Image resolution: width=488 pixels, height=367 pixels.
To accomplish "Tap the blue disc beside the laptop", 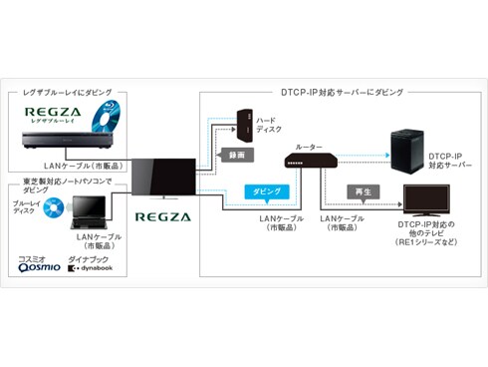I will (x=52, y=207).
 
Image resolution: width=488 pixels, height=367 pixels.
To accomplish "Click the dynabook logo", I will (x=90, y=267).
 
